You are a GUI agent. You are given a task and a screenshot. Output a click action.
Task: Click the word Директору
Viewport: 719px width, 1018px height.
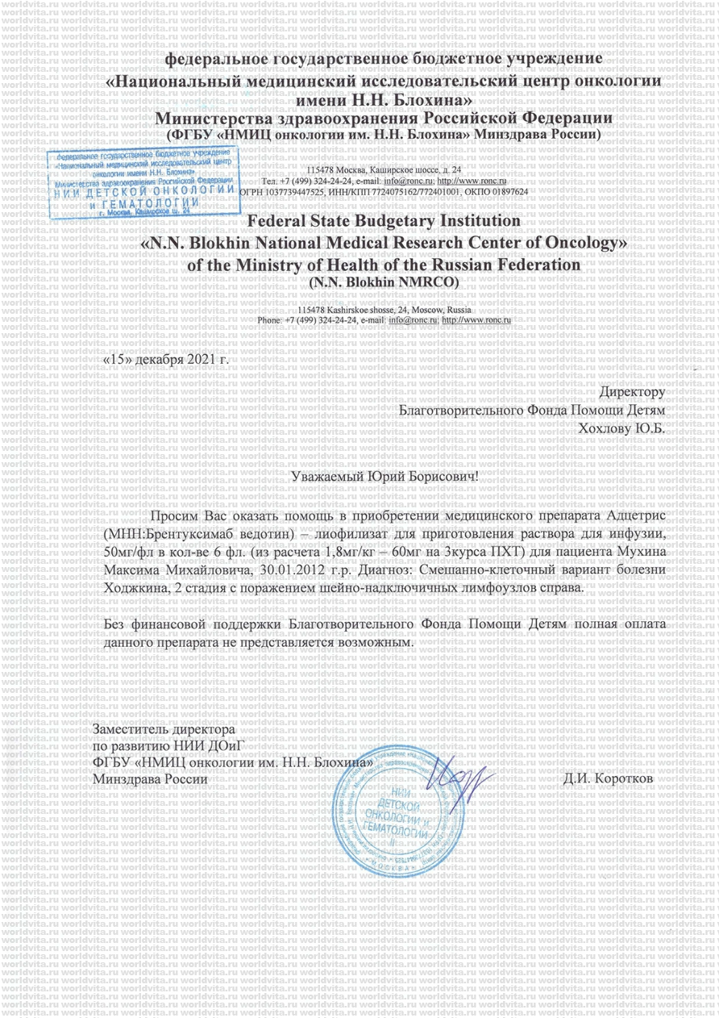(632, 392)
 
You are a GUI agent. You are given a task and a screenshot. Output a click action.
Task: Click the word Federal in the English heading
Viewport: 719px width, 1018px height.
(280, 219)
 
